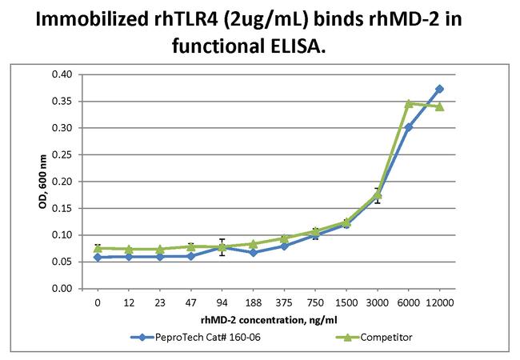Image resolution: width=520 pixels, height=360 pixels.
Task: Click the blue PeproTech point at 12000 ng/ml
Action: [x=439, y=89]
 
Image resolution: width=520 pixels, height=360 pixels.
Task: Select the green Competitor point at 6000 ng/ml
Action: [x=408, y=103]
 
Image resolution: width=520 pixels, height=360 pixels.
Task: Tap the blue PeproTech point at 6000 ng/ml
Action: [x=408, y=126]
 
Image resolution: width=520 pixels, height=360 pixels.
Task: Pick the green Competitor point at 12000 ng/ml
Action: [x=439, y=106]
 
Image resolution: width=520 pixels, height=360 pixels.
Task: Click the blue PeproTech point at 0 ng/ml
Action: [x=97, y=257]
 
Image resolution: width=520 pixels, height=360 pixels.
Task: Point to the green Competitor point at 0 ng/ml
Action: [x=97, y=248]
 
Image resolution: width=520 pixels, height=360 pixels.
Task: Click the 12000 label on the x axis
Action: [x=439, y=305]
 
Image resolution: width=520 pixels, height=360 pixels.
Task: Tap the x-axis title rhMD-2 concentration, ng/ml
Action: [x=268, y=321]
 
